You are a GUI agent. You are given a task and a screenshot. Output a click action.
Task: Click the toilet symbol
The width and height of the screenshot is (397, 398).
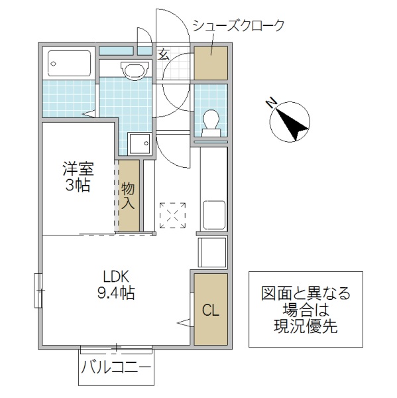[x=211, y=122]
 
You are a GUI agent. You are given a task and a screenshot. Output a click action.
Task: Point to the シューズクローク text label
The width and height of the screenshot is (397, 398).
[x=239, y=27]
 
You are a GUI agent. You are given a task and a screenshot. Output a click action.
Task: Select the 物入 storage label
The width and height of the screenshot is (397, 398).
[x=129, y=196]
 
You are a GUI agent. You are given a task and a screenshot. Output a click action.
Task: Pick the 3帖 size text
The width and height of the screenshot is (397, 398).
[x=73, y=186]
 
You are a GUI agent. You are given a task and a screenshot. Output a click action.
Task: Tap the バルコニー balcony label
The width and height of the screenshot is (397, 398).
[x=117, y=367]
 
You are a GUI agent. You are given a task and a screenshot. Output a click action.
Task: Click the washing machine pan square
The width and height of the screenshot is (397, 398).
[x=139, y=142]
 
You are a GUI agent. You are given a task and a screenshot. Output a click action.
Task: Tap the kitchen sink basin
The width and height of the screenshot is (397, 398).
[x=213, y=214]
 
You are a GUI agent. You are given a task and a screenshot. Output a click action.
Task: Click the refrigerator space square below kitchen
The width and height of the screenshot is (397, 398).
[x=212, y=252]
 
